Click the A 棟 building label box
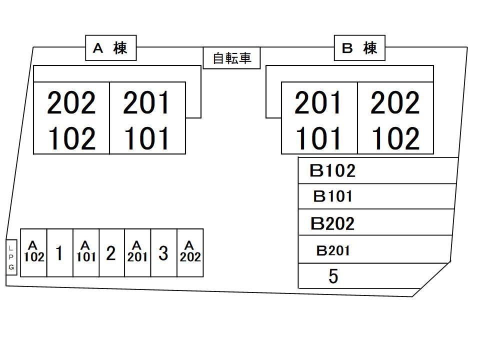click(x=110, y=48)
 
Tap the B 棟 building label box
click(x=359, y=48)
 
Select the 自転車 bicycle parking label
click(x=232, y=58)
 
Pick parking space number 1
click(x=59, y=253)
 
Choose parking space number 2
click(x=111, y=253)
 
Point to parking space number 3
click(x=163, y=253)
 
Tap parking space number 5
click(x=333, y=276)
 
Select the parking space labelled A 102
click(x=33, y=252)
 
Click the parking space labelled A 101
click(x=85, y=252)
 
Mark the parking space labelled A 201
click(x=137, y=252)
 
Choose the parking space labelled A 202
click(x=190, y=252)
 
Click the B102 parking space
click(x=332, y=171)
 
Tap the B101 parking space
click(x=332, y=196)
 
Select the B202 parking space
click(x=332, y=223)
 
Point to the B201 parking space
click(x=332, y=250)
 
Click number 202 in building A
click(x=71, y=102)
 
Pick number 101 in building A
click(x=147, y=138)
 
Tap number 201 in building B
click(x=318, y=102)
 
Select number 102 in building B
click(x=395, y=138)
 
